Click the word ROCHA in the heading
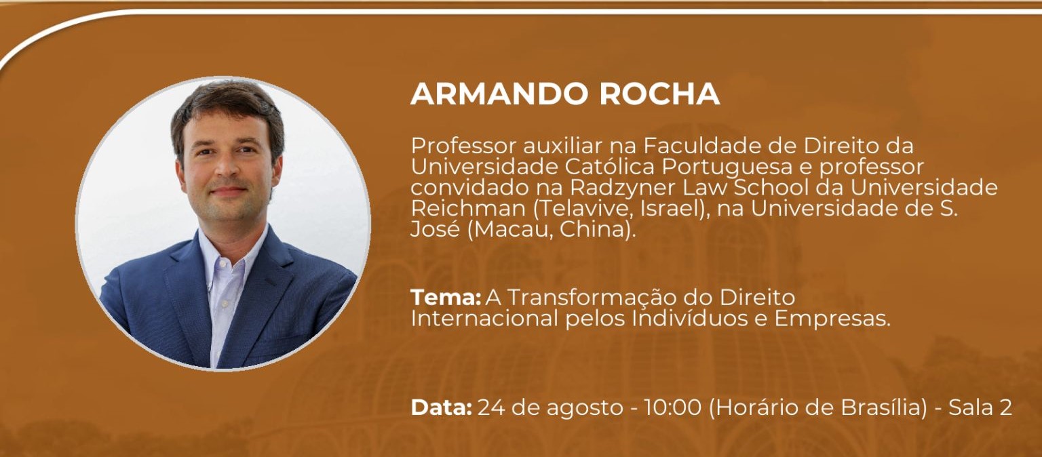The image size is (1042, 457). coord(659,94)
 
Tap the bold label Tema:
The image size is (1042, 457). coord(445,297)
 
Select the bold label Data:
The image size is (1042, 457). coord(441,408)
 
